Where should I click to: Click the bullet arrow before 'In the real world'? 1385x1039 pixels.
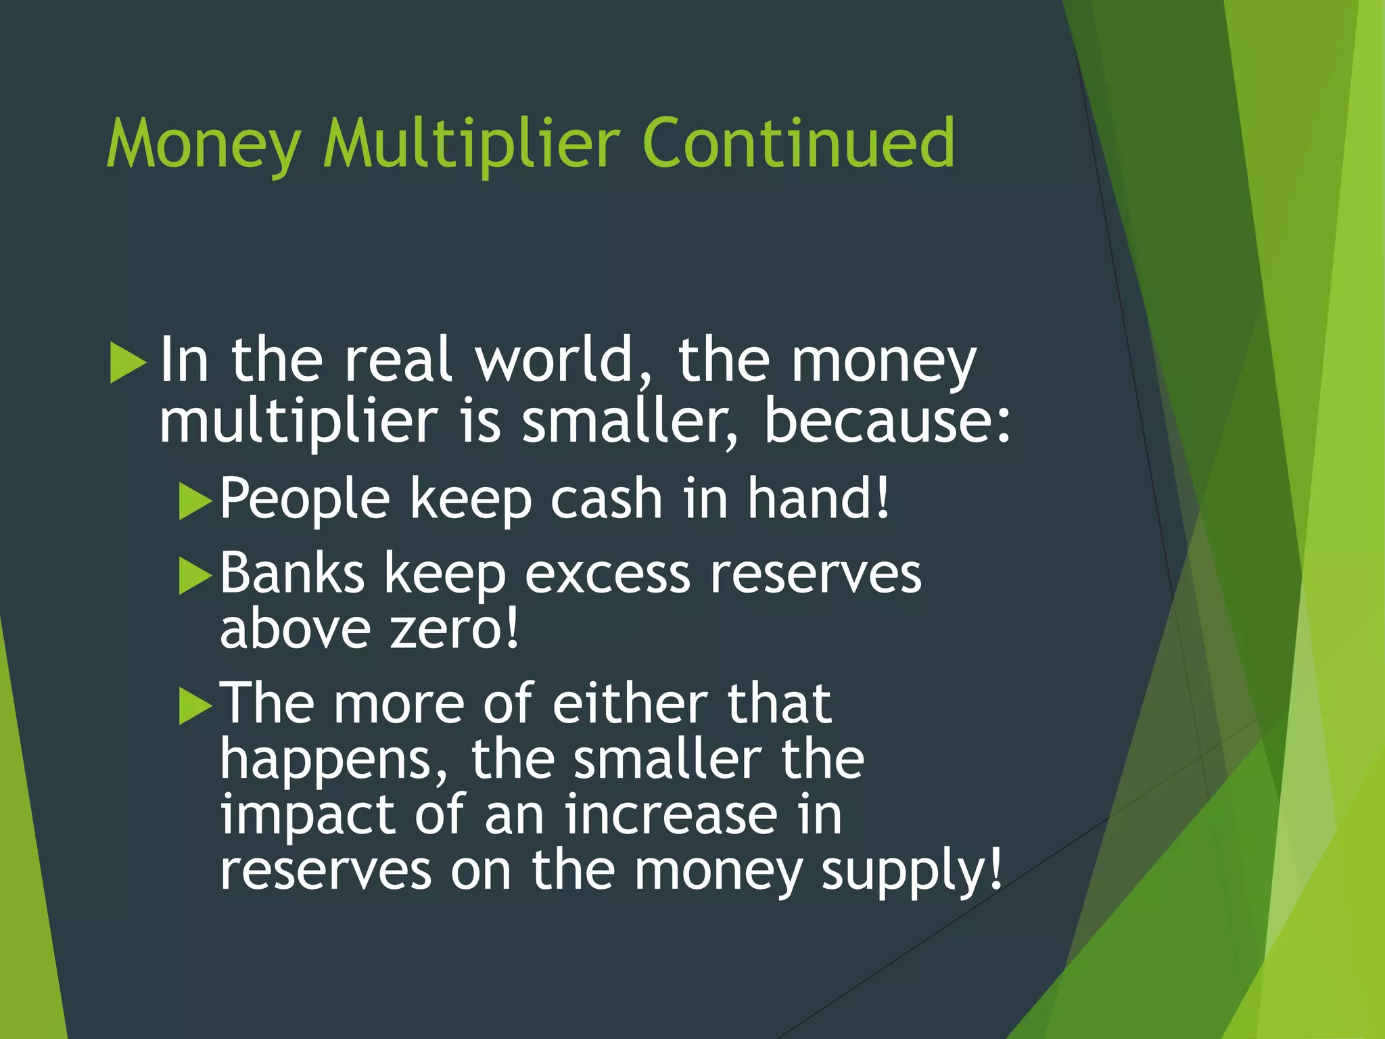(128, 363)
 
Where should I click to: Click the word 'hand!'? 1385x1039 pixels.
(818, 498)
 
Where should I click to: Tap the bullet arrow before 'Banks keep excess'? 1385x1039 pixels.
(195, 576)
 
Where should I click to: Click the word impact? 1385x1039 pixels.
(308, 814)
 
